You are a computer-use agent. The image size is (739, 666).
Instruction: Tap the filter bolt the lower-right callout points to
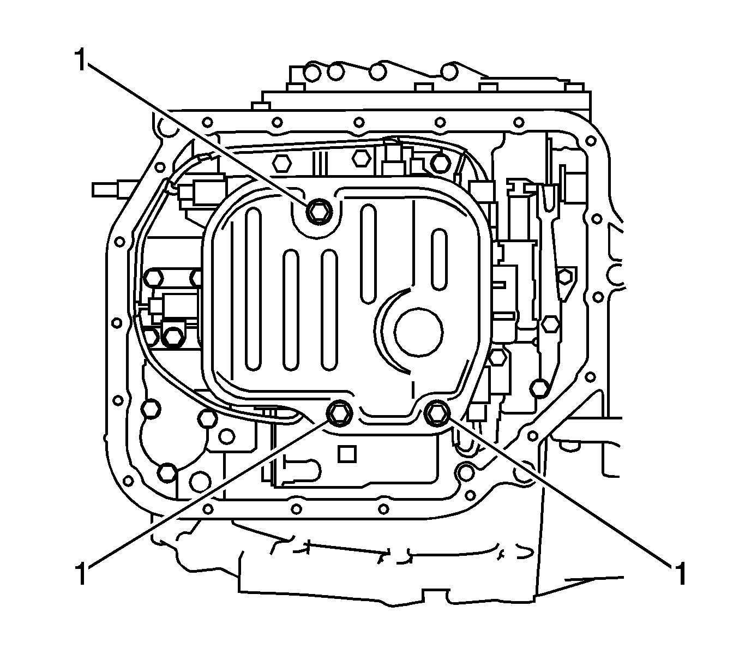click(436, 413)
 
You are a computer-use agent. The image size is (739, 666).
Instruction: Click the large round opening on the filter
click(418, 332)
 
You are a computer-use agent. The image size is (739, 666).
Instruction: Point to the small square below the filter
click(347, 454)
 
